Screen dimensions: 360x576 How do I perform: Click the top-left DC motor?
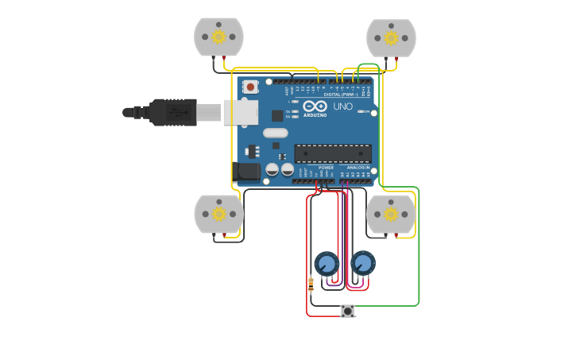[218, 37]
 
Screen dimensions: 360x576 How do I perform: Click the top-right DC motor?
[391, 37]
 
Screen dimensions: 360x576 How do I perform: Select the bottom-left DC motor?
[218, 214]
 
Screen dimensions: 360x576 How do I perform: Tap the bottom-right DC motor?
[391, 214]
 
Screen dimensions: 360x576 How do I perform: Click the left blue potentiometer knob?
[327, 263]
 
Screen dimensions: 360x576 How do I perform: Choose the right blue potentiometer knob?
[362, 262]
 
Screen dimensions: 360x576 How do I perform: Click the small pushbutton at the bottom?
[347, 311]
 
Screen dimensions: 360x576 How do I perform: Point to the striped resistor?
[311, 282]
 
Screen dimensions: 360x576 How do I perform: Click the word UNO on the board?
[342, 106]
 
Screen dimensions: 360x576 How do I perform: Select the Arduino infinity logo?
[315, 106]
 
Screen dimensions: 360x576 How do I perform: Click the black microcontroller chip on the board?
[333, 153]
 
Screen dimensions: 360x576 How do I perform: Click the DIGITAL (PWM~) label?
[340, 95]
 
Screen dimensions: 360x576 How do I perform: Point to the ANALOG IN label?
[358, 168]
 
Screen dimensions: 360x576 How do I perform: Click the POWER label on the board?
[326, 168]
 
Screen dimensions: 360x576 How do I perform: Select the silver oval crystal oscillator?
[276, 133]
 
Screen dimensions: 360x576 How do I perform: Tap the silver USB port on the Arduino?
[241, 112]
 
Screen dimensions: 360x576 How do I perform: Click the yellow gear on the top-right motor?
[391, 37]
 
